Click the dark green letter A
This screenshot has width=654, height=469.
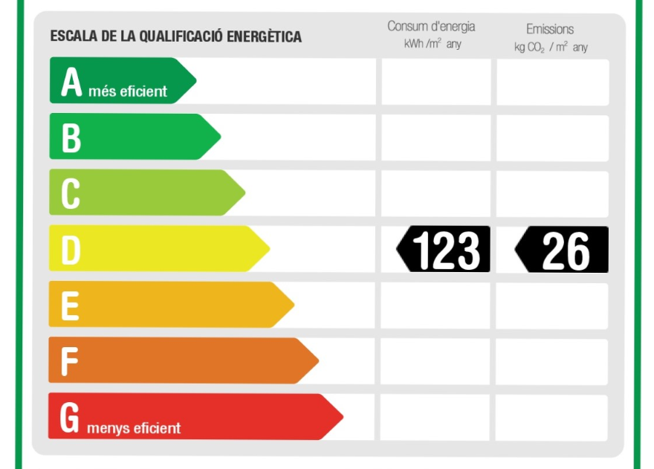point(71,83)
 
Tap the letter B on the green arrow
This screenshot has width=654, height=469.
point(71,138)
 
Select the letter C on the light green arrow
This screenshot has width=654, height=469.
point(71,194)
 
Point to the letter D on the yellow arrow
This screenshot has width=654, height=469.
point(71,250)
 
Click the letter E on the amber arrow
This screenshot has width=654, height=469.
point(70,306)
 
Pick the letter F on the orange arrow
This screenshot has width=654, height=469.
point(69,362)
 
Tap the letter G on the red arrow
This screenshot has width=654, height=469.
point(69,418)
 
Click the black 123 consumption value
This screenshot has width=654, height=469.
point(446,250)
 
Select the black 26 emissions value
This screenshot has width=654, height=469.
point(565,250)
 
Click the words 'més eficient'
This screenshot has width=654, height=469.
point(133,92)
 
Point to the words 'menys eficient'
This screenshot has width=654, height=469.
point(134,428)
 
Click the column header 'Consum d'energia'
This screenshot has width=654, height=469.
point(431,27)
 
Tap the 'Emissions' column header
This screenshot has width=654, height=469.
point(550,29)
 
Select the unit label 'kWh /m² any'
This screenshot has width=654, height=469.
point(433,44)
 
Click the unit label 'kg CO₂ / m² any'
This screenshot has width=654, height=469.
point(551,47)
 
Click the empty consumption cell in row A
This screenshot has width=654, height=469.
point(436,82)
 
